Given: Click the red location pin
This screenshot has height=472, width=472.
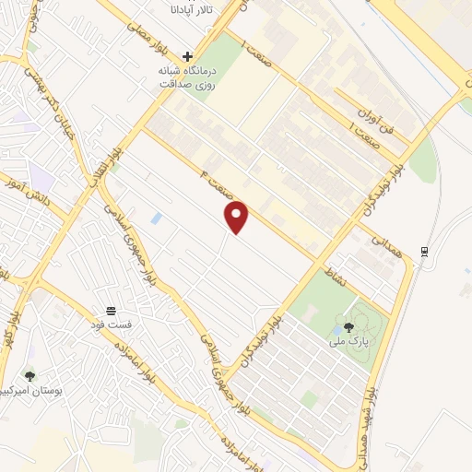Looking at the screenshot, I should point(238,217).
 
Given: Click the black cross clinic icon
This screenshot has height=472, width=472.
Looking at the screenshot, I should point(187,56).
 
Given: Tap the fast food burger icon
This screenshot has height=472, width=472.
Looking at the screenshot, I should point(111,310).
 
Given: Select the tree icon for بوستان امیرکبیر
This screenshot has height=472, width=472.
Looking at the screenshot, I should point(30,375).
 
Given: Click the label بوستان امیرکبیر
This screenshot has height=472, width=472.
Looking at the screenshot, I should point(37,391).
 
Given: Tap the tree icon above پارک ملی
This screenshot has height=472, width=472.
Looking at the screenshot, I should point(348,326).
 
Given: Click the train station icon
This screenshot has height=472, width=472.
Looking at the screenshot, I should point(423,250).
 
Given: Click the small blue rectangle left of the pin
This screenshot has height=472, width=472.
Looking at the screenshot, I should point(156,218).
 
